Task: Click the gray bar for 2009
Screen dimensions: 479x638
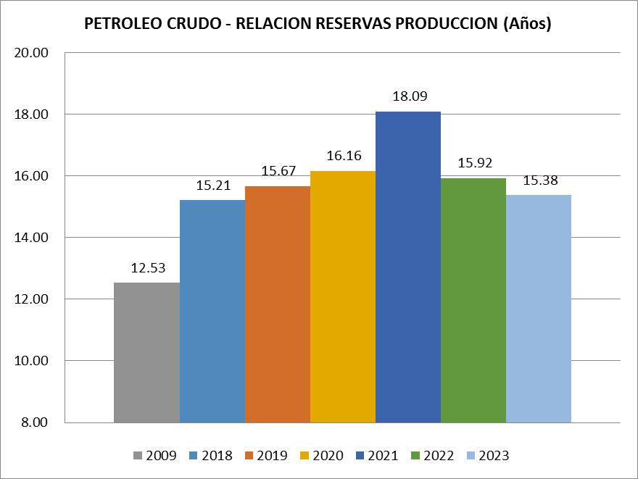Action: pos(146,352)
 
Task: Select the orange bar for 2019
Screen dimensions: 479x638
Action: pos(277,304)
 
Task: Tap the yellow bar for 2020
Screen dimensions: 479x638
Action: pos(342,296)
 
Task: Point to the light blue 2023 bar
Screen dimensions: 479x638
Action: pos(538,309)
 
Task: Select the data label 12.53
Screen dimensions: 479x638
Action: pos(147,268)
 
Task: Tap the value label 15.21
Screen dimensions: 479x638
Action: pos(212,185)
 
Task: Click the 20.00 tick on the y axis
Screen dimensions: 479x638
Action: pos(30,53)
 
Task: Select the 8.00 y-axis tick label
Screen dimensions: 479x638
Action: pos(33,422)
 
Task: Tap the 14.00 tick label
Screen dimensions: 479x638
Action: pos(30,238)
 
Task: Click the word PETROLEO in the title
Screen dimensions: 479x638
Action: pos(120,24)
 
